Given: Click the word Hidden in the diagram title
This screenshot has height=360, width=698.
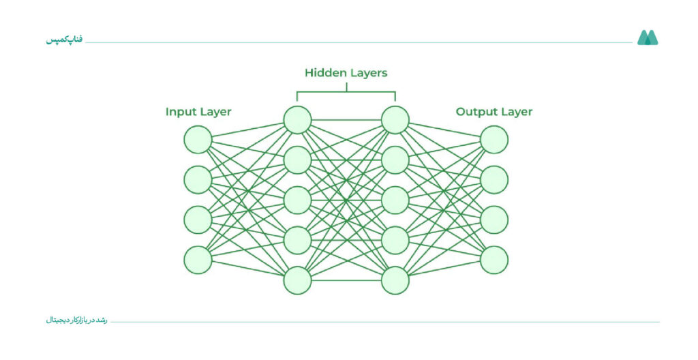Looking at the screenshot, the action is [322, 73].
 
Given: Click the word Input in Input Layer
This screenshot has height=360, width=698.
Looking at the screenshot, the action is [179, 112].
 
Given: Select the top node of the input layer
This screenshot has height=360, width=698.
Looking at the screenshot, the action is [198, 140].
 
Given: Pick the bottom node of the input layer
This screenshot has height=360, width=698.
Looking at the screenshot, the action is [198, 260].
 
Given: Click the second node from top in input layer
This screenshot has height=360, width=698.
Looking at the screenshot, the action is [198, 179].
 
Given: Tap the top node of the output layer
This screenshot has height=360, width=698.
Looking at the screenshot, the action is [494, 140].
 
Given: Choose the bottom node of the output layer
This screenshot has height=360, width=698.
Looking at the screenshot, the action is [494, 260].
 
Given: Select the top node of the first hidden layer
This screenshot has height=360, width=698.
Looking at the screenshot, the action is [297, 120].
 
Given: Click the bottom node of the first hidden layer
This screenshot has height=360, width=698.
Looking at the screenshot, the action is [297, 280].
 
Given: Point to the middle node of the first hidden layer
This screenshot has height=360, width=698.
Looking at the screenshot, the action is [297, 200].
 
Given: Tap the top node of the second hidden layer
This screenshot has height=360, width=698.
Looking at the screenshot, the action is [395, 120].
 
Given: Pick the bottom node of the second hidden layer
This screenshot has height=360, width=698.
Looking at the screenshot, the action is [395, 280].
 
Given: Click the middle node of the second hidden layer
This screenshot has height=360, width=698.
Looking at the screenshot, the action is [395, 200].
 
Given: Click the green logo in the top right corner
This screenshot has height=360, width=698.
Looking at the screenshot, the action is [648, 38].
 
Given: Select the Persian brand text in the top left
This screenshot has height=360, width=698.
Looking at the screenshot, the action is [64, 40].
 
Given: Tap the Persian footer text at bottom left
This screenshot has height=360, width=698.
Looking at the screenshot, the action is [76, 320].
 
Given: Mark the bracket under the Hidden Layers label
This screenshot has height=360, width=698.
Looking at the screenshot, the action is [346, 92].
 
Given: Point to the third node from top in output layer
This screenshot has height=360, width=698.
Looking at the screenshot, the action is [494, 220].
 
